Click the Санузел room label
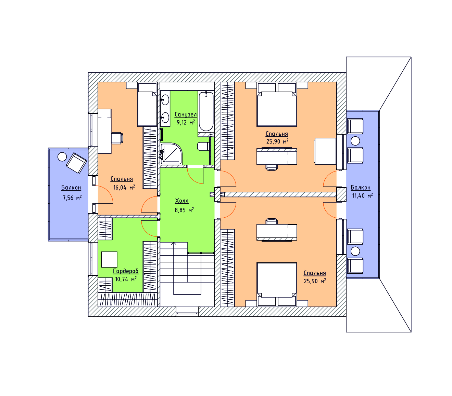click(185, 114)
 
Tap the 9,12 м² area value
click(186, 122)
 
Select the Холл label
click(181, 201)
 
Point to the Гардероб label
click(126, 271)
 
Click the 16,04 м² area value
click(124, 187)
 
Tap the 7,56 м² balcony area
click(72, 198)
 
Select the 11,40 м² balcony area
click(362, 195)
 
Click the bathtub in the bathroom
click(206, 112)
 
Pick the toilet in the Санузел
click(203, 146)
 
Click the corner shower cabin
click(171, 154)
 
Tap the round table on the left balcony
click(62, 157)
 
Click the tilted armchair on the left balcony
click(76, 163)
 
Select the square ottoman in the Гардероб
click(109, 259)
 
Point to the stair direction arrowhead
click(174, 244)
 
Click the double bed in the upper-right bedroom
click(277, 105)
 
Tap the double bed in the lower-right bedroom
click(277, 284)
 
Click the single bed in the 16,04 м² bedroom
click(147, 105)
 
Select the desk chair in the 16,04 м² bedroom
click(117, 138)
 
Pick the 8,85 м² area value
click(184, 210)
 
